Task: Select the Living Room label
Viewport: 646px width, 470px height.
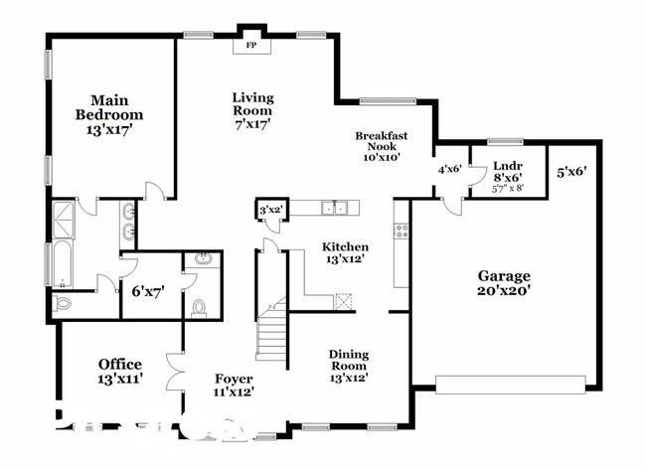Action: click(252, 103)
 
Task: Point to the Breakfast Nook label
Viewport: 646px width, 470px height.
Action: click(383, 145)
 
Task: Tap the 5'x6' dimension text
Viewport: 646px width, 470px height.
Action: click(571, 171)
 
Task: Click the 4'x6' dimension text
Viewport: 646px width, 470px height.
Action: click(450, 168)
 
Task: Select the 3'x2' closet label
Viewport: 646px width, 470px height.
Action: click(271, 210)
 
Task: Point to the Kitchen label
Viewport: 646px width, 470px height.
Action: click(345, 253)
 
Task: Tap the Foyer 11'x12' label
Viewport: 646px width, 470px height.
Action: click(234, 386)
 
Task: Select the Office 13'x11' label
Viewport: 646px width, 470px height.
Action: click(119, 371)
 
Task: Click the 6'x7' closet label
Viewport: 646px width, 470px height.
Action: click(148, 291)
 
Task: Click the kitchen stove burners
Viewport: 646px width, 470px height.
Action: click(403, 230)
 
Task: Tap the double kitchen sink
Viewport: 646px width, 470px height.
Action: click(334, 208)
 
